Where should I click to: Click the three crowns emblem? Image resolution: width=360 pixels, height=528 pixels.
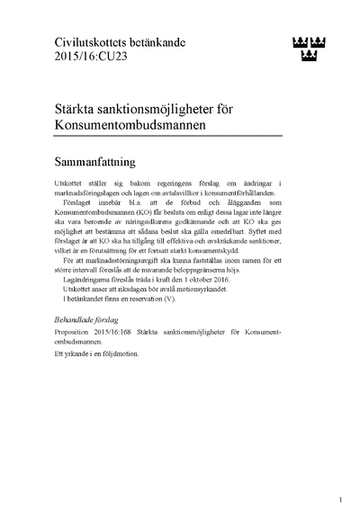(x=310, y=46)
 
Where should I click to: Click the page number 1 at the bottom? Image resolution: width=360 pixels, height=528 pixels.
(x=340, y=499)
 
